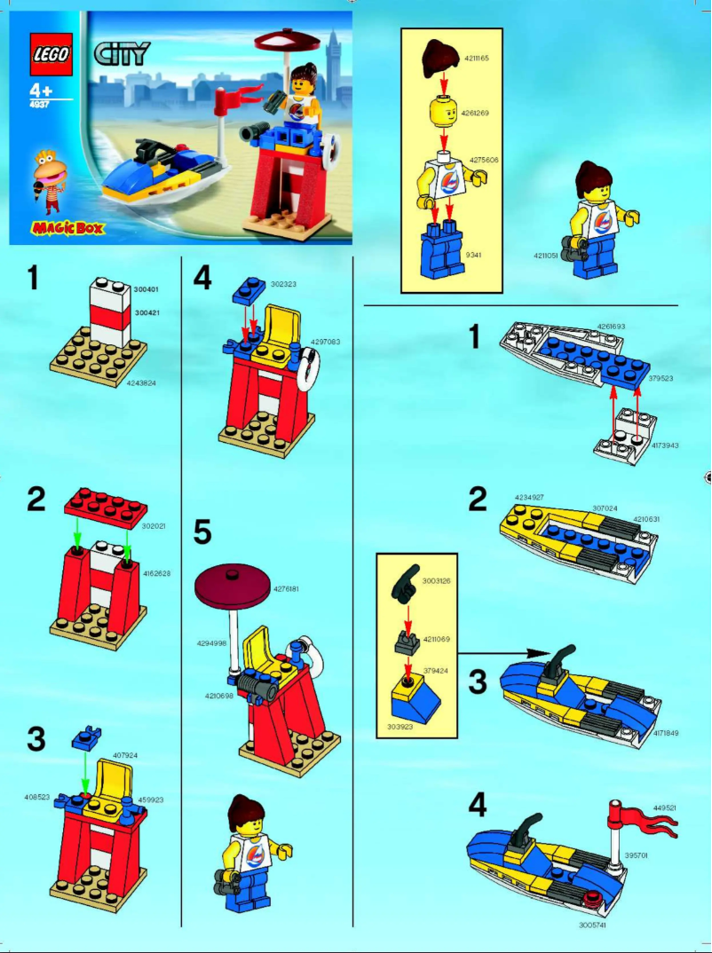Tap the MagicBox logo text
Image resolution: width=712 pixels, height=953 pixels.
67,229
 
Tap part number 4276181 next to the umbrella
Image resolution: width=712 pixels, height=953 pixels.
288,588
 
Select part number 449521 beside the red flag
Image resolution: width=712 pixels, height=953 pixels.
665,808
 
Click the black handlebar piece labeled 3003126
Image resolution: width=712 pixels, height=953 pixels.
406,580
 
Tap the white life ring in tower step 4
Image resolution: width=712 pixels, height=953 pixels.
305,366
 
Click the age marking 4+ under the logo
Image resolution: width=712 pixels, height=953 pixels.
41,91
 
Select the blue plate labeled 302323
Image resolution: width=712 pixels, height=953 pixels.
248,290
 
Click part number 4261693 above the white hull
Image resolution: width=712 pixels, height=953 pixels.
611,327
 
